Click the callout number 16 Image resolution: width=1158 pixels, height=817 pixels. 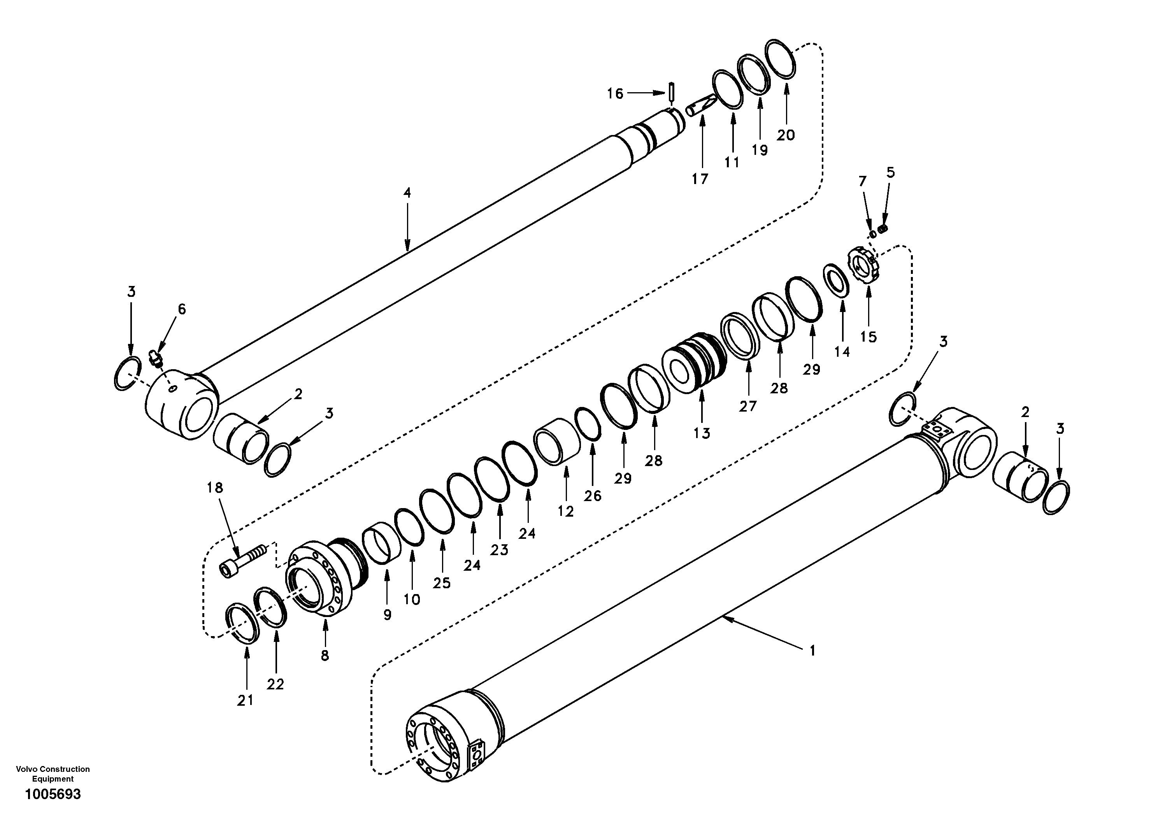(615, 94)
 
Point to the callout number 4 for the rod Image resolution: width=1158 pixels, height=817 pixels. (407, 193)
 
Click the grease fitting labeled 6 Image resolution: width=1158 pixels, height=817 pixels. (155, 359)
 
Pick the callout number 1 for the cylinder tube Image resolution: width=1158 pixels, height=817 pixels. (812, 652)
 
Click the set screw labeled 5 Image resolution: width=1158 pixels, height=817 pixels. (883, 229)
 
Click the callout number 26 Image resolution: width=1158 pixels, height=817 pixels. (593, 496)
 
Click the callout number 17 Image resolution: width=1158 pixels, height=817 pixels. (700, 179)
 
